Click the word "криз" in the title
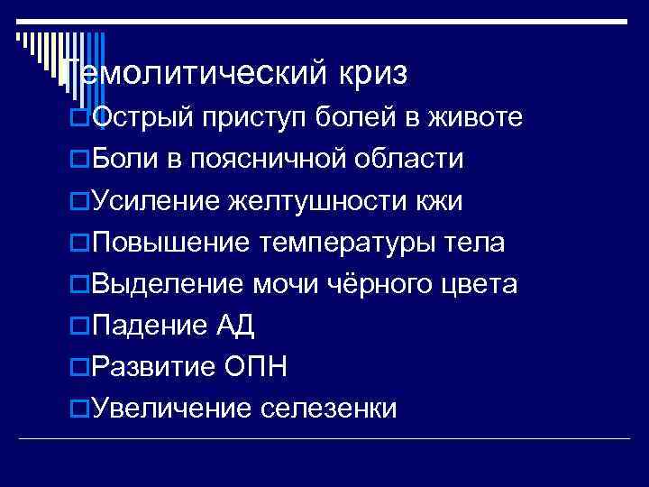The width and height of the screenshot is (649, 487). [373, 74]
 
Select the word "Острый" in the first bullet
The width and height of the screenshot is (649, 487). [142, 118]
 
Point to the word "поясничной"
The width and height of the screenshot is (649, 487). [270, 161]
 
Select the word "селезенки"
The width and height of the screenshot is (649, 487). [329, 409]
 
